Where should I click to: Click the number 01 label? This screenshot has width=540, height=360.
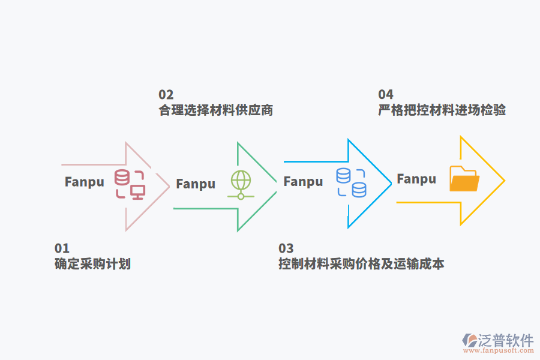62,248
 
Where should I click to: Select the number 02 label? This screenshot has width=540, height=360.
166,95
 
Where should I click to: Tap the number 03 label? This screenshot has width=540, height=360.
286,248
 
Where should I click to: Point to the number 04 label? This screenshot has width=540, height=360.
385,95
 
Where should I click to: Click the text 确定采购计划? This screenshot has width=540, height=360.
92,264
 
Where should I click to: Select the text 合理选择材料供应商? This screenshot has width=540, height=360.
216,110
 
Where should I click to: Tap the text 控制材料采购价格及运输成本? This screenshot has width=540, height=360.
361,264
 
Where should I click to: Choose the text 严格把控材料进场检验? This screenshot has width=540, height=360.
442,110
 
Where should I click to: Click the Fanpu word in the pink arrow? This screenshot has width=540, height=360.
85,182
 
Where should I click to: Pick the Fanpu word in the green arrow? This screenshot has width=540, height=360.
196,184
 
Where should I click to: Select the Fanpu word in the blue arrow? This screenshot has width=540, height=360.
303,182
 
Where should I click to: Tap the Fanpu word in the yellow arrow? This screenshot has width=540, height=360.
416,179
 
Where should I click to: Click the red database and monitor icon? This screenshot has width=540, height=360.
130,184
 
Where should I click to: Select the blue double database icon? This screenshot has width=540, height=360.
351,182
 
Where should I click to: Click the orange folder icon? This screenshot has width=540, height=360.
464,179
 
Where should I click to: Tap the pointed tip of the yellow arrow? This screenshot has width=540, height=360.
504,180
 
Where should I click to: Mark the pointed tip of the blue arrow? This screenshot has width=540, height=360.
391,182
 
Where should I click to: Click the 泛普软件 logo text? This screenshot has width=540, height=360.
506,341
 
